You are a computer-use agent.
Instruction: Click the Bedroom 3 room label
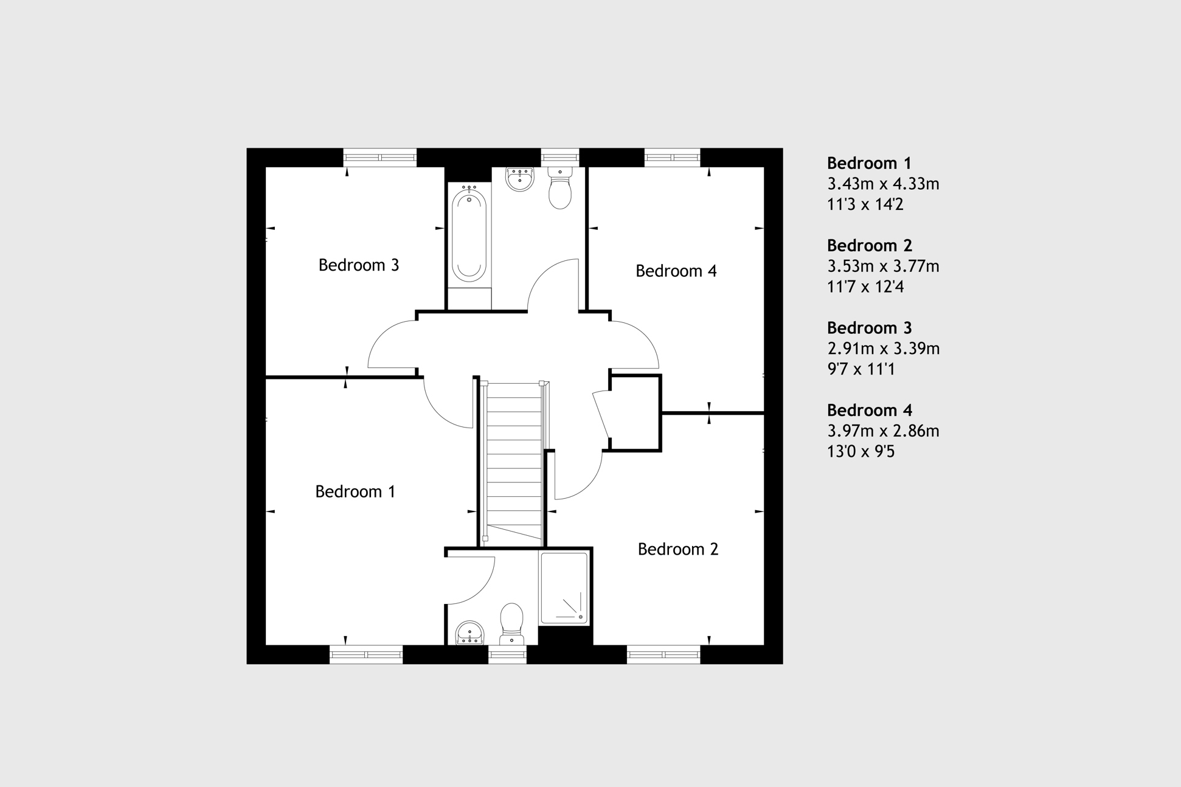click(x=359, y=265)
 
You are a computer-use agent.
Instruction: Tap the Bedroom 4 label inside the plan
click(x=676, y=271)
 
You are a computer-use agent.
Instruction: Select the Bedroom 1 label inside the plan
click(x=355, y=491)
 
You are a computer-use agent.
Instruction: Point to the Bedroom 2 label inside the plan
click(x=678, y=549)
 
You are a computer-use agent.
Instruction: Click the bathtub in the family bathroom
click(x=469, y=235)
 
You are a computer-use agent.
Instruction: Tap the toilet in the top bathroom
click(x=560, y=188)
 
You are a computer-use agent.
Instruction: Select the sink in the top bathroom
click(x=520, y=179)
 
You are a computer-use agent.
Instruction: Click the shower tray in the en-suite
click(x=564, y=587)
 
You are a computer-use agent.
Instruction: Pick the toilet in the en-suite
click(x=511, y=623)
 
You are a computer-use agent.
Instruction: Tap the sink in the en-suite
click(x=469, y=633)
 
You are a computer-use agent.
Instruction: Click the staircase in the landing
click(x=514, y=461)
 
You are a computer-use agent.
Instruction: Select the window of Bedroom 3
click(x=380, y=158)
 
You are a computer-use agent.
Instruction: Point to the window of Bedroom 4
click(x=673, y=158)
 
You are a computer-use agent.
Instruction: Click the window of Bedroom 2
click(x=663, y=654)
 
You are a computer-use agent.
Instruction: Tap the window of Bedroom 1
click(x=366, y=654)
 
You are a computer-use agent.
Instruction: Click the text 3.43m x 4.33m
click(x=883, y=184)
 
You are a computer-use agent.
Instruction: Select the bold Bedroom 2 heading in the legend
click(x=870, y=246)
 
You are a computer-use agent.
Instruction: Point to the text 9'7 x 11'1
click(x=861, y=369)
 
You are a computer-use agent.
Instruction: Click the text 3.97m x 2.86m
click(x=883, y=431)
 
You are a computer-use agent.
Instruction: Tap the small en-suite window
click(x=508, y=654)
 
